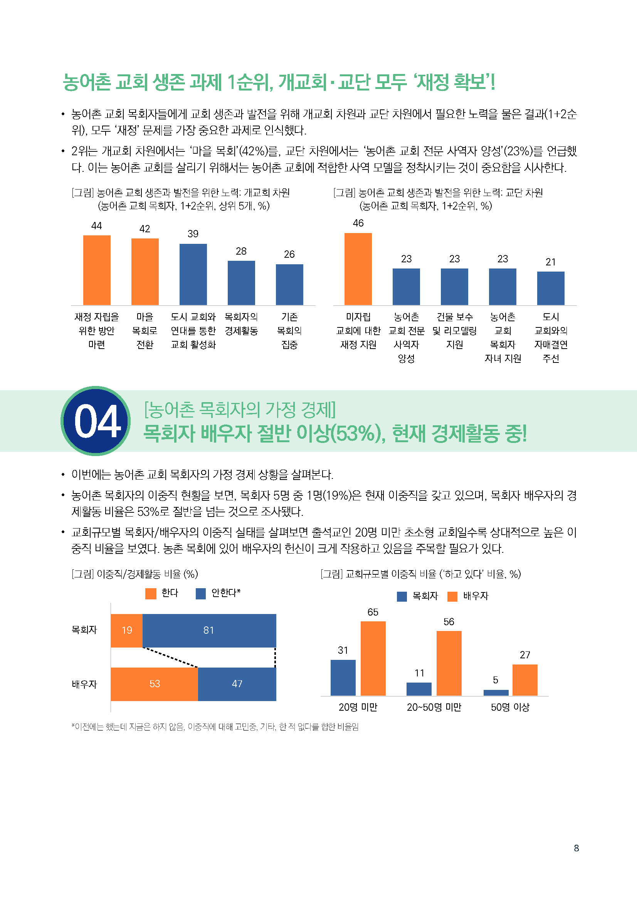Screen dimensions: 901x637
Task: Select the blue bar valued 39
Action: coord(193,274)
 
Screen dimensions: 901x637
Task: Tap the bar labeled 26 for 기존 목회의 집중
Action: coord(289,285)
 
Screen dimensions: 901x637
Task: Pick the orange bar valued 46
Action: coord(358,269)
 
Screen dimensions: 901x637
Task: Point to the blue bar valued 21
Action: coord(551,288)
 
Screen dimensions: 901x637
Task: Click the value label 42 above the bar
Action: coord(145,229)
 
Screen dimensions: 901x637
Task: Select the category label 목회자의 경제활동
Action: coord(241,324)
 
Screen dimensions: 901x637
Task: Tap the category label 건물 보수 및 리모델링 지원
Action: coord(454,331)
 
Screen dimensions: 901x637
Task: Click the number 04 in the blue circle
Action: coord(97,421)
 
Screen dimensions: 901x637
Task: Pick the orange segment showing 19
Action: coord(126,630)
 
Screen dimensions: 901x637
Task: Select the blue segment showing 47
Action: coord(237,684)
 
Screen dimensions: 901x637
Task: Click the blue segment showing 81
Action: coord(209,630)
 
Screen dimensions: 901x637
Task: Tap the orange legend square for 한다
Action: coord(151,593)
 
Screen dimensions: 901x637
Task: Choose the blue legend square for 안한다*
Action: coord(200,593)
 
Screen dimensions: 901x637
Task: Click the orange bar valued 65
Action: coord(373,658)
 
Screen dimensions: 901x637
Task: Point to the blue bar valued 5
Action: coord(496,693)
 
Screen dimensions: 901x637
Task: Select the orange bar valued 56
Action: coord(449,663)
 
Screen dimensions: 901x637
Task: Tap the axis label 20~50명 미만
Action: coord(434,707)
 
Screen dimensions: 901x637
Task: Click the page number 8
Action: coord(576,848)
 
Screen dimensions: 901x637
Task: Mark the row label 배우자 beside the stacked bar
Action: coord(84,684)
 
